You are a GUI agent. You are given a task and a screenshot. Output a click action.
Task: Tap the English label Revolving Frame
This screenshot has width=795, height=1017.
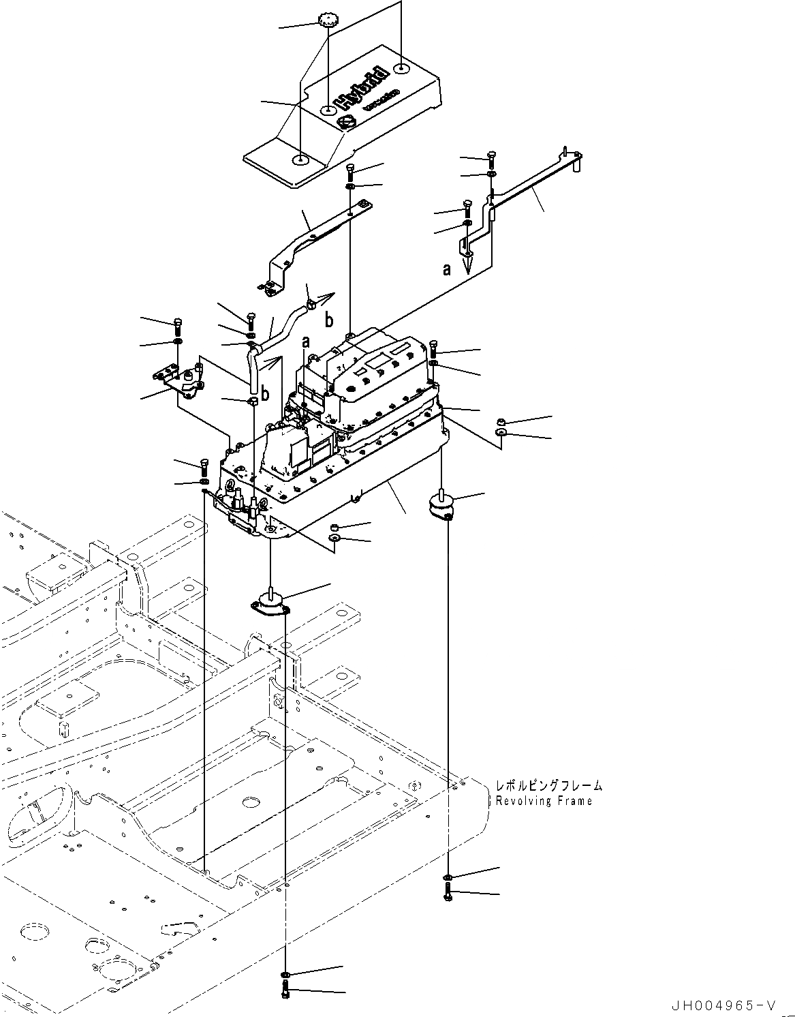(x=544, y=801)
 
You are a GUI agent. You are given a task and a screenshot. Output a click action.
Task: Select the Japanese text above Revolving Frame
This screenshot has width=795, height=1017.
(x=549, y=786)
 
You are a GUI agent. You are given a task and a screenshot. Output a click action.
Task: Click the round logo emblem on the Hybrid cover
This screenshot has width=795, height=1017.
(x=328, y=123)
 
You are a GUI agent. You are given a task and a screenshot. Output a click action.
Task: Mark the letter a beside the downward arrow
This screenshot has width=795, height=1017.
(x=447, y=270)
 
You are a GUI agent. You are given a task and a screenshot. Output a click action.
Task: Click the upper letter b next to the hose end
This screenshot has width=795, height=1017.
(x=328, y=319)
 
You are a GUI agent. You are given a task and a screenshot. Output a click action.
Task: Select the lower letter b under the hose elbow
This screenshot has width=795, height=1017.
(x=264, y=394)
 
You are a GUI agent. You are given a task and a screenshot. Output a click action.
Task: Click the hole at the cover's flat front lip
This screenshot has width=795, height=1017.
(x=300, y=160)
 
